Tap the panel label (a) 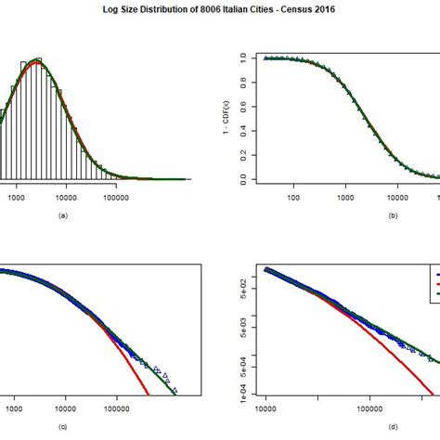point(63,215)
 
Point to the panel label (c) point(63,426)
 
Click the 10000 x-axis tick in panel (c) point(66,407)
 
